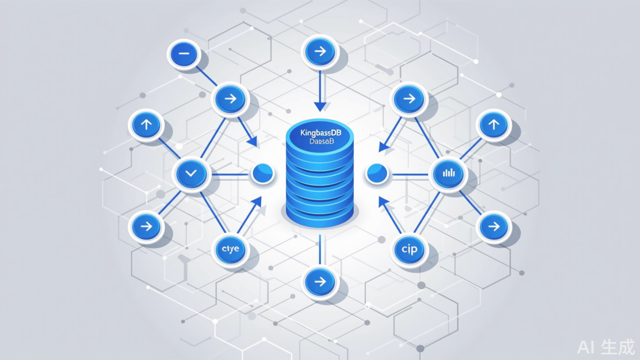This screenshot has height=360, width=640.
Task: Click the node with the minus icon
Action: pyautogui.click(x=184, y=54)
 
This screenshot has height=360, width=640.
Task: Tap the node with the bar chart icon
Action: pyautogui.click(x=449, y=173)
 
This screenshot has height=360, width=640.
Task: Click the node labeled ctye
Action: pyautogui.click(x=231, y=249)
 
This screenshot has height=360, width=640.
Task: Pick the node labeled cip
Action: pyautogui.click(x=409, y=249)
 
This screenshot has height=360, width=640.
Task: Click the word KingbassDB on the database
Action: pyautogui.click(x=320, y=132)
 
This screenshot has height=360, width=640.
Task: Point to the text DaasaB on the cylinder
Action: pyautogui.click(x=320, y=141)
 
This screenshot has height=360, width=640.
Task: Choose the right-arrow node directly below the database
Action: pyautogui.click(x=320, y=281)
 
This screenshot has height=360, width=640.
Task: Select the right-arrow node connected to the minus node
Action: pyautogui.click(x=230, y=99)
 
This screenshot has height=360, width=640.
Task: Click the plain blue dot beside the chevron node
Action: pyautogui.click(x=262, y=174)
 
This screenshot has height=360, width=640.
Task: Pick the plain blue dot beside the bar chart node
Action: pyautogui.click(x=377, y=174)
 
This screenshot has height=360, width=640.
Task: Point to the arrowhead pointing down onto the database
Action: pyautogui.click(x=320, y=107)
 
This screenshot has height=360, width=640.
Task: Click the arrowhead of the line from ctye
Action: pyautogui.click(x=256, y=202)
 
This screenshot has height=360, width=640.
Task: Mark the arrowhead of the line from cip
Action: pyautogui.click(x=383, y=202)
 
